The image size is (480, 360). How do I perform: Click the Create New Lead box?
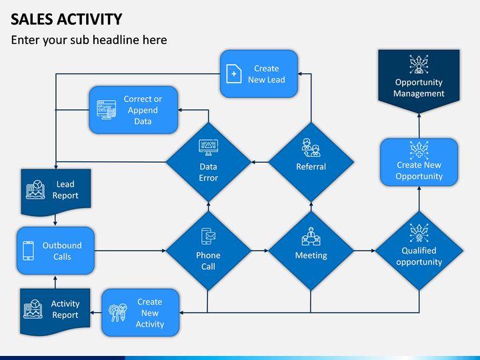tap(259, 74)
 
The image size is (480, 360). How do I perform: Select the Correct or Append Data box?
tap(133, 110)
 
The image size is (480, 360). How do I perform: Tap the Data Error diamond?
tap(209, 162)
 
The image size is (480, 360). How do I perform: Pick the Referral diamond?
tap(311, 162)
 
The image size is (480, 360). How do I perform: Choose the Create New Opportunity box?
tap(419, 162)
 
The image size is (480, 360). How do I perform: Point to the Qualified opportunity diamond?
tap(419, 251)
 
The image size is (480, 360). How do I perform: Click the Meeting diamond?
tap(311, 251)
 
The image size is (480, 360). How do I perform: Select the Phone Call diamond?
tap(209, 251)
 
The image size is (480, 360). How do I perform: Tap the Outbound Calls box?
tap(55, 251)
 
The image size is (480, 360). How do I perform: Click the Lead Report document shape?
tap(56, 192)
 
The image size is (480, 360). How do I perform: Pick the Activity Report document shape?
tap(55, 311)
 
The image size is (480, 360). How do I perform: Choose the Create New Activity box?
tap(141, 313)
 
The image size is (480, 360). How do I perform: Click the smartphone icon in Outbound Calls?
tap(29, 251)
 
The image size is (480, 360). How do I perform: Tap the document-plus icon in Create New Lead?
tap(234, 74)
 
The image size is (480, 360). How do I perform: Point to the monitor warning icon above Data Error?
tap(209, 148)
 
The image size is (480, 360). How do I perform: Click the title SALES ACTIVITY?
tap(67, 19)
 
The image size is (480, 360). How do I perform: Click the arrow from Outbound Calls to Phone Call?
tap(130, 251)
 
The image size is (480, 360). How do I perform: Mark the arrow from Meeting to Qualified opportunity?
tap(365, 251)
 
